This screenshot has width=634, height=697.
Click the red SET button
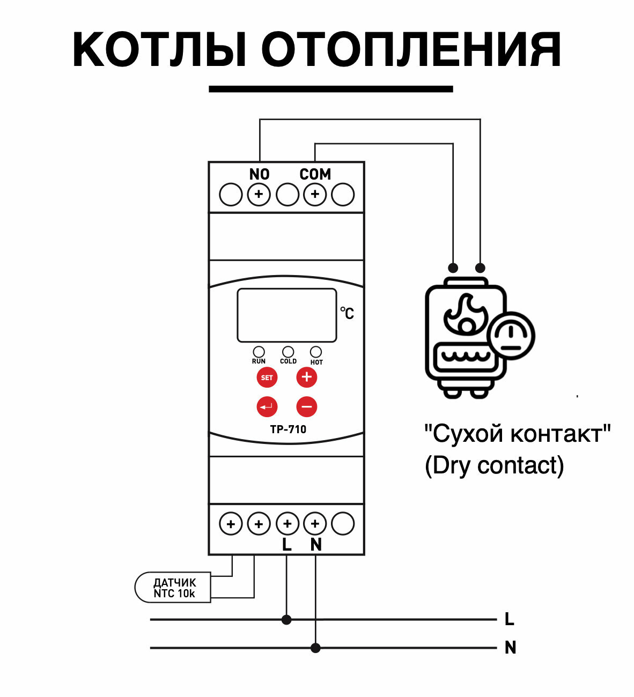pyautogui.click(x=267, y=377)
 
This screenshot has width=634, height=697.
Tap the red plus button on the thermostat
pyautogui.click(x=307, y=377)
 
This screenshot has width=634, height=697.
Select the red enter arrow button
pyautogui.click(x=267, y=407)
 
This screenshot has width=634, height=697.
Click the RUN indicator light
pyautogui.click(x=259, y=352)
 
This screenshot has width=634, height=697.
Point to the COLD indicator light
pyautogui.click(x=288, y=352)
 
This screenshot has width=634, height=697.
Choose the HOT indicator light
pyautogui.click(x=316, y=352)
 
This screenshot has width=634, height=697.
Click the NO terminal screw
pyautogui.click(x=259, y=194)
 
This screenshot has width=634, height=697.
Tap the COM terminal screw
pyautogui.click(x=315, y=194)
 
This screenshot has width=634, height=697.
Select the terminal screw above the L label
pyautogui.click(x=287, y=524)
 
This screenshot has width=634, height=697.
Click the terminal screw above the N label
pyautogui.click(x=315, y=524)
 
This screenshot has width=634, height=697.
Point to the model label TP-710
pyautogui.click(x=288, y=429)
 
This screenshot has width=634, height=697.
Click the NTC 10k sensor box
pyautogui.click(x=173, y=588)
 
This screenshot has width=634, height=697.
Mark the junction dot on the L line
pyautogui.click(x=286, y=620)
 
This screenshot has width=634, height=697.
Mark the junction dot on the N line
pyautogui.click(x=315, y=648)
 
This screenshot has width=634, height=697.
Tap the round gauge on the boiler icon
pyautogui.click(x=512, y=336)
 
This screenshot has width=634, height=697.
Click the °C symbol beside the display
pyautogui.click(x=347, y=313)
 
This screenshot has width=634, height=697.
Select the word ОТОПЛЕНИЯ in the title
pyautogui.click(x=411, y=50)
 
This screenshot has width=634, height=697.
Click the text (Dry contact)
pyautogui.click(x=494, y=465)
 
